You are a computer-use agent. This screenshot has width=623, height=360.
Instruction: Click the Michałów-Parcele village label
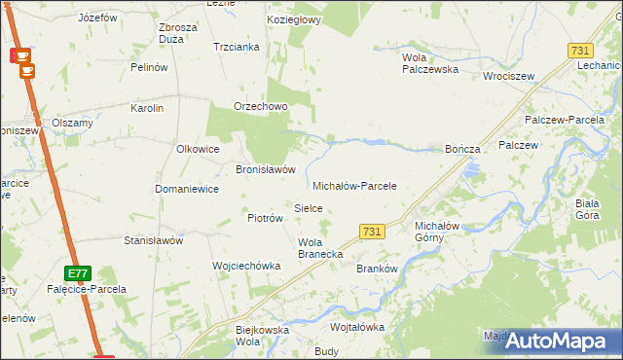(x=354, y=185)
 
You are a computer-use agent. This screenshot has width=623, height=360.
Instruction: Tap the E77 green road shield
(x=78, y=272)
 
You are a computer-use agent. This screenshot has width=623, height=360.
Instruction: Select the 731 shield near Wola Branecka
(x=370, y=231)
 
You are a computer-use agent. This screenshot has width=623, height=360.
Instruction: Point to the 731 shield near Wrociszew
(x=580, y=51)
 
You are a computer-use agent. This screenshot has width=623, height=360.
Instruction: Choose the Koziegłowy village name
(x=295, y=19)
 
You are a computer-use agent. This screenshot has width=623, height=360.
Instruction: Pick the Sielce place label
(x=309, y=208)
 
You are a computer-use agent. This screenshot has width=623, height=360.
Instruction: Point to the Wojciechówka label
(x=246, y=265)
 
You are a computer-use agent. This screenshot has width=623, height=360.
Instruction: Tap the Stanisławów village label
(x=154, y=239)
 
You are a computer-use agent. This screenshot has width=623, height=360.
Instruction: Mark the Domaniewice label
(x=186, y=189)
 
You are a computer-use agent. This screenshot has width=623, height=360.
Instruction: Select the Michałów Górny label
(x=429, y=231)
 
